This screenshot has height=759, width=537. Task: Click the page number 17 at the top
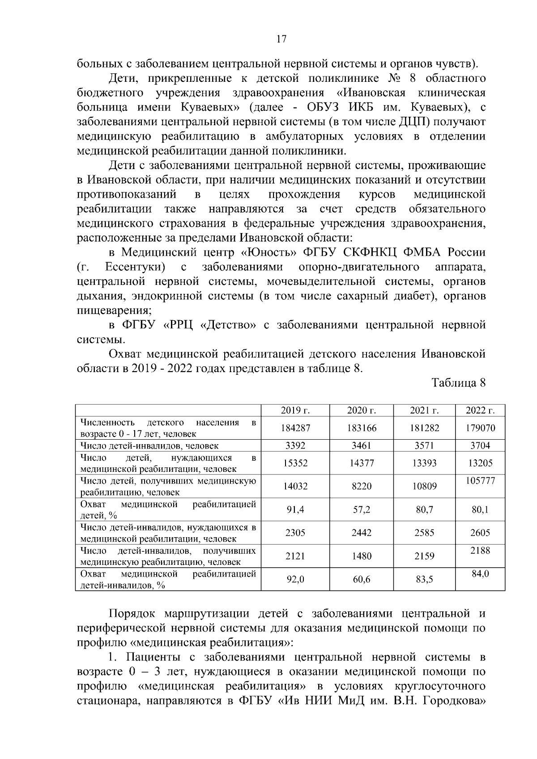[x=281, y=39]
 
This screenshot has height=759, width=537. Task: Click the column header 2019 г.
[x=295, y=411]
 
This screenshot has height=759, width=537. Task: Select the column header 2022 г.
[x=480, y=411]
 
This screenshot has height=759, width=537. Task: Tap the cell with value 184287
[x=295, y=428]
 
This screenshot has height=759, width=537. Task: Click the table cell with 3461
[x=361, y=445]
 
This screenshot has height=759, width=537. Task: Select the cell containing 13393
[x=424, y=463]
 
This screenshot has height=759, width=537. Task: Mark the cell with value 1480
[x=361, y=556]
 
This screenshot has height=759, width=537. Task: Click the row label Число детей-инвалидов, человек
[x=149, y=445]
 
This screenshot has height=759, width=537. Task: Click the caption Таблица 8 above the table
[x=458, y=383]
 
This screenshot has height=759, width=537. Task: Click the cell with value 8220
[x=361, y=486]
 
